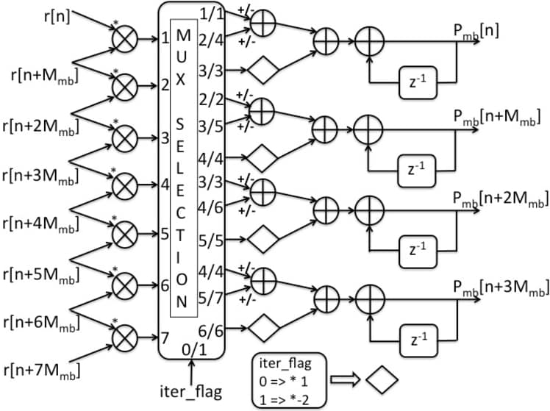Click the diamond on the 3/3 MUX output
click(x=262, y=71)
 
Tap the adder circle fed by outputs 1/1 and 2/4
click(x=263, y=24)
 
